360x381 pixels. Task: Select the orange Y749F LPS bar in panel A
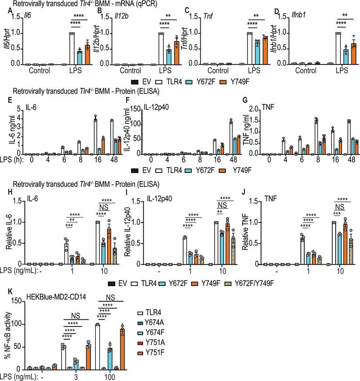tap(87, 55)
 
